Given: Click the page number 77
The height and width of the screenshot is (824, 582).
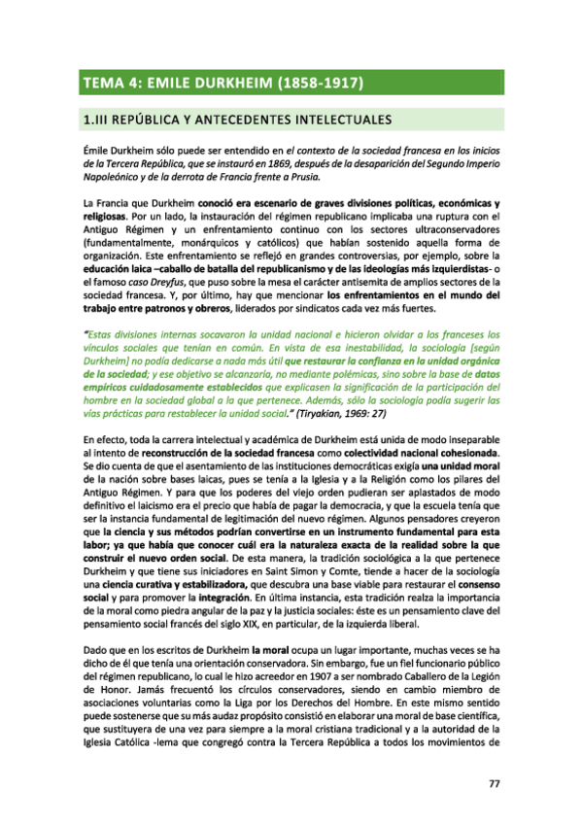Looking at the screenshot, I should click(x=494, y=784).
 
